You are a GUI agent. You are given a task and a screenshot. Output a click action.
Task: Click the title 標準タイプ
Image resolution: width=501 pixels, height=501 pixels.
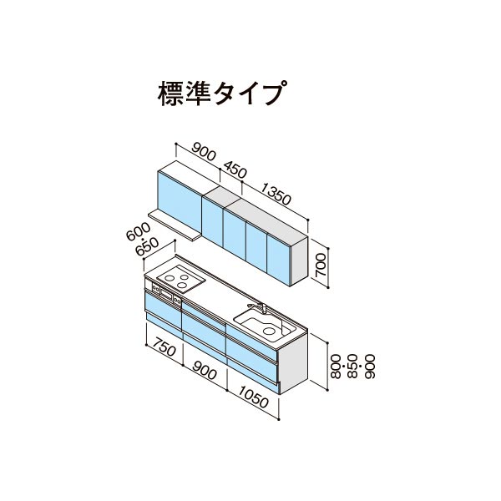point(221,93)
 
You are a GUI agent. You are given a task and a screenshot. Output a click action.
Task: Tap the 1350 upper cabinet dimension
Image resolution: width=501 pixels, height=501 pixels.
point(276,194)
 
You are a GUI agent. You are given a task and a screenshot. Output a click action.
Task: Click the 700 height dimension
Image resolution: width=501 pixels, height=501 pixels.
point(320,265)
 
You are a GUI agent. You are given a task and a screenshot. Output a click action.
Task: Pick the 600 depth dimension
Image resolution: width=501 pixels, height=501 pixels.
point(139,231)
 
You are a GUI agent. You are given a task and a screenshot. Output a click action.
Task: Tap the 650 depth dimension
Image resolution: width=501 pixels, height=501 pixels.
point(147,247)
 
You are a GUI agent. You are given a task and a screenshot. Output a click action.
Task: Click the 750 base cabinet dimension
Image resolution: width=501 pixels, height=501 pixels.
point(164,347)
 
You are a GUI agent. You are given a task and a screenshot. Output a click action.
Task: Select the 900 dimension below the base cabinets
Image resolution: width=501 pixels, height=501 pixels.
point(205,371)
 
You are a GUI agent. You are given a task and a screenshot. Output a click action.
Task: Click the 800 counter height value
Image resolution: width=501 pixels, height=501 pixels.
point(336,367)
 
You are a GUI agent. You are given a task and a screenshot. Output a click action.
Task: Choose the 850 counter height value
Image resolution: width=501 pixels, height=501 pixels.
point(352,367)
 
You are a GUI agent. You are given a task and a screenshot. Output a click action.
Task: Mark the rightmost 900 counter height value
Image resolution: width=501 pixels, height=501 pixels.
point(370,367)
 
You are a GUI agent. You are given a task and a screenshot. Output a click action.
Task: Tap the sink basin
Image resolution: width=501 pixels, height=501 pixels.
point(266,325)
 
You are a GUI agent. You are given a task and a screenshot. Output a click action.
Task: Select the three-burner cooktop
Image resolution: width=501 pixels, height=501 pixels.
point(181,279)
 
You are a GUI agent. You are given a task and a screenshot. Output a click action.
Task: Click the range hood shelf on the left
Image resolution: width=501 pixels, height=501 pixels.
point(174,225)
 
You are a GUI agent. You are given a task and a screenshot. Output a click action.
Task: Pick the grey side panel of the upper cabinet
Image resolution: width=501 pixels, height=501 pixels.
point(299,261)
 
